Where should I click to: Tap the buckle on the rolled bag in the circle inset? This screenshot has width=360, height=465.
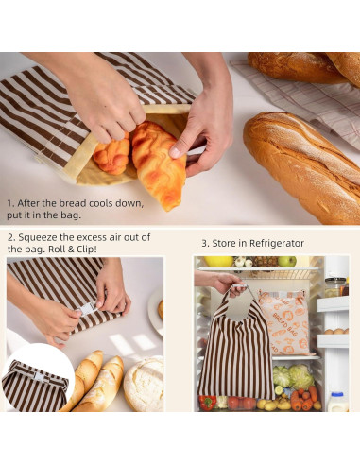tap(41, 375)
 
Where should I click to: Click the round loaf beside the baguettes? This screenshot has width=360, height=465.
tap(144, 384)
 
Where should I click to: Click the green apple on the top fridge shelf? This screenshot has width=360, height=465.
tap(286, 262)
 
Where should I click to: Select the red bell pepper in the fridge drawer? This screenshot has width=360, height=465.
tap(208, 402)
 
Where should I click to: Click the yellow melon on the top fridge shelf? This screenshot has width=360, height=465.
tap(218, 261)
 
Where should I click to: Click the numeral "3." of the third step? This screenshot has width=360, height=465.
tap(204, 243)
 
